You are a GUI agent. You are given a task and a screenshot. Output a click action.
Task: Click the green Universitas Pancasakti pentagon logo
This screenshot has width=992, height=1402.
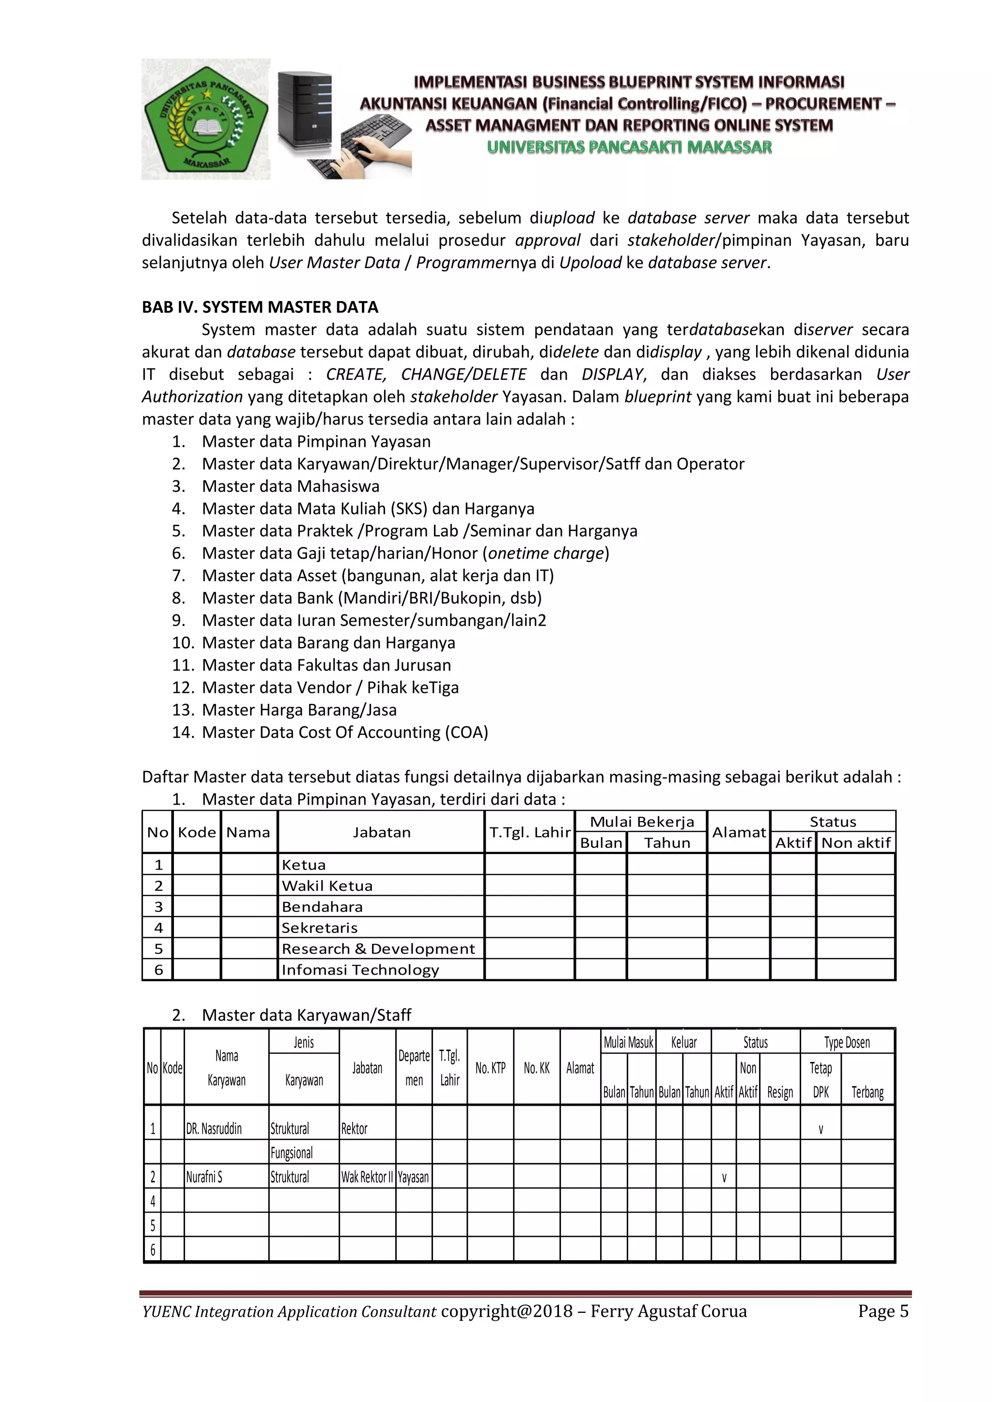click(x=205, y=120)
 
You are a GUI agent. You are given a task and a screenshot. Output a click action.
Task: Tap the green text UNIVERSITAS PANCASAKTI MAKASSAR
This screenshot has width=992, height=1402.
click(x=629, y=147)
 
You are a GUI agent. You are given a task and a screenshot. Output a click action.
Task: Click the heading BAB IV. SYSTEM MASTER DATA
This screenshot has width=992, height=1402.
click(x=260, y=307)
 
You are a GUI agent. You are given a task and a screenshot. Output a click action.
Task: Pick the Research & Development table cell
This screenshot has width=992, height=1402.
click(x=377, y=948)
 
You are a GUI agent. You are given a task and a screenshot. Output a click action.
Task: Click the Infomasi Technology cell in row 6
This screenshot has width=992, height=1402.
click(x=360, y=970)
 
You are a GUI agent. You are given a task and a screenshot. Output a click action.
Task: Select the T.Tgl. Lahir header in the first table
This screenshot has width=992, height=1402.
click(x=529, y=832)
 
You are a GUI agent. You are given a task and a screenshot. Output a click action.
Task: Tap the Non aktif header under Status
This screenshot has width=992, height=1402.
click(x=855, y=843)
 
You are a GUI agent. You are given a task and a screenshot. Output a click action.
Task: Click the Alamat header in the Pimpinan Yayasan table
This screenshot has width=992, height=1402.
click(x=739, y=832)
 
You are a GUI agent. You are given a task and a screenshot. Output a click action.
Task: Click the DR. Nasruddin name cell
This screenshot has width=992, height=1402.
click(x=214, y=1128)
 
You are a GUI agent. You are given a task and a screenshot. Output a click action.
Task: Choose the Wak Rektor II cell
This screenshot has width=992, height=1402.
click(x=367, y=1177)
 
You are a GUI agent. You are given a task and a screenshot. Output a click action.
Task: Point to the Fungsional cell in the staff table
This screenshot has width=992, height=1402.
click(x=292, y=1153)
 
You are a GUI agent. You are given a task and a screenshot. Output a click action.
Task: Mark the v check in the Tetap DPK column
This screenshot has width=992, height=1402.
click(x=821, y=1128)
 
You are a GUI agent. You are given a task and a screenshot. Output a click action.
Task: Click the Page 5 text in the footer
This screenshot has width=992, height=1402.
click(x=883, y=1311)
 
